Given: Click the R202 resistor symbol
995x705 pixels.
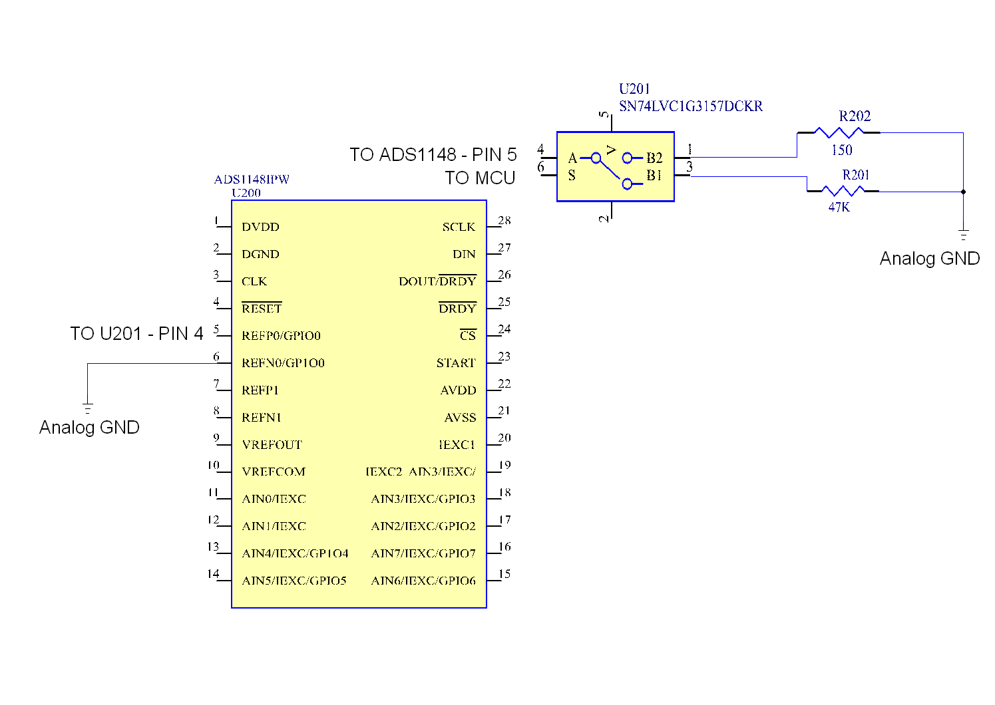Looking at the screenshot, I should coord(839,132).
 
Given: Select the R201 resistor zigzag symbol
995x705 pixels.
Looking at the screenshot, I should coord(843,191).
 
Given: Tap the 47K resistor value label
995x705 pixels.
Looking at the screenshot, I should coord(839,208).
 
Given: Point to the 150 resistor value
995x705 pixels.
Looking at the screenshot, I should coord(841,150).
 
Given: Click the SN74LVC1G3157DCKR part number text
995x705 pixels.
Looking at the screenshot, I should coord(690,106).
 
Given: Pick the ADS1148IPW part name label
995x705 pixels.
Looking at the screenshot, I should coord(252,180).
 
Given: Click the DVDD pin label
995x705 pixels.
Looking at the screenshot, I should coord(260,227).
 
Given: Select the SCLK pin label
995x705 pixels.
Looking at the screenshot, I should coord(459,227).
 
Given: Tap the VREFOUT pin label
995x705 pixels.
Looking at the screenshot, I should coord(272,445).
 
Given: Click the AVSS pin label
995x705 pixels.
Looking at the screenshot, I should coord(460,418).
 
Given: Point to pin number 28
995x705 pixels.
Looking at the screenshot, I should coord(504,221).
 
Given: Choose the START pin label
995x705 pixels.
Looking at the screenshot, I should coord(456,363).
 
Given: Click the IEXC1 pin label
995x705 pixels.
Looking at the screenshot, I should coord(457,445).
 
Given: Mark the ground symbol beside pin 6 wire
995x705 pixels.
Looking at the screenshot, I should coord(87,408).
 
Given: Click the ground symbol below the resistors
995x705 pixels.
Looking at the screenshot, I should coord(963,235).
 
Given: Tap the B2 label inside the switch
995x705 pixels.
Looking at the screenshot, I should coord(654,158).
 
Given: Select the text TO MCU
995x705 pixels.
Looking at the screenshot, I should coord(480,178).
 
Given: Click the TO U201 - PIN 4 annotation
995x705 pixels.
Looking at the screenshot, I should coord(136,334).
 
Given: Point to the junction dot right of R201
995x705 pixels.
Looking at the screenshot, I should coord(963,192).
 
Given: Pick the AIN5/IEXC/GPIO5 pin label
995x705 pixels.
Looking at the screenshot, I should coord(294,581).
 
